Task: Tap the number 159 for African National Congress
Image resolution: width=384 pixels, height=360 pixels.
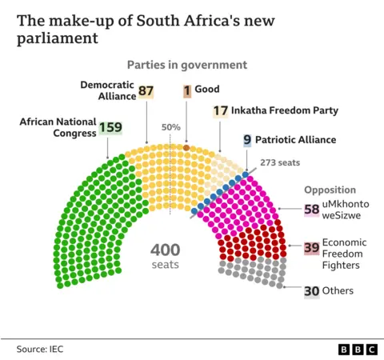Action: coord(109,127)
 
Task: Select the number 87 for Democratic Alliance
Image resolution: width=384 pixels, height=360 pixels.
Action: coord(146,91)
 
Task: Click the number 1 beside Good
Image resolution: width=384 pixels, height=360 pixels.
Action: coord(186,91)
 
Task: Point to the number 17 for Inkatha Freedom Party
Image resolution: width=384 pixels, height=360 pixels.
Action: coord(221,110)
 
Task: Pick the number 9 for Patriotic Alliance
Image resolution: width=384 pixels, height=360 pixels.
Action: coord(247,139)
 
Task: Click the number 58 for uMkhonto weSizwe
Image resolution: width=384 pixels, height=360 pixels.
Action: coord(311,210)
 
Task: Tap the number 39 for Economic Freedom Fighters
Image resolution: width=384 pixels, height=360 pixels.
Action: coord(311,249)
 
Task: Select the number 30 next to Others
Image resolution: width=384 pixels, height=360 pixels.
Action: coord(311,291)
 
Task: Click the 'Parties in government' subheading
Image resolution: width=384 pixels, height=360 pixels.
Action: coord(186,65)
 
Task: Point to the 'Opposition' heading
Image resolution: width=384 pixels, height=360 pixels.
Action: coord(329,190)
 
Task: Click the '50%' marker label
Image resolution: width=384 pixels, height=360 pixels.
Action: coord(170,128)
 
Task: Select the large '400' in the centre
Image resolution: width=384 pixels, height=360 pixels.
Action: coord(165,250)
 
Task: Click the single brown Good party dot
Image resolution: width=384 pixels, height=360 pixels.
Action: coord(186,148)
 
